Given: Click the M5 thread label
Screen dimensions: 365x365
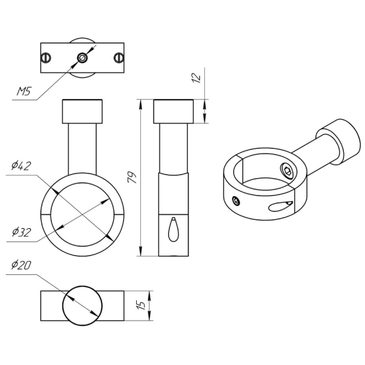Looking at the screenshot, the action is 24,91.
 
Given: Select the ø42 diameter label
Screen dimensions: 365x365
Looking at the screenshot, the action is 21,166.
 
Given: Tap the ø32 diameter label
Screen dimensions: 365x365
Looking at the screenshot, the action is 21,232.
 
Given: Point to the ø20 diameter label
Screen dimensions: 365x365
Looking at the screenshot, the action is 21,265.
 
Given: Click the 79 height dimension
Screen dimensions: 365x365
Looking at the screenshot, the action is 132,177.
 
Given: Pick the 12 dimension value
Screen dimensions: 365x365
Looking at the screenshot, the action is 196,78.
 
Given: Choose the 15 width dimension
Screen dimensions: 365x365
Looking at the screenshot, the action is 141,305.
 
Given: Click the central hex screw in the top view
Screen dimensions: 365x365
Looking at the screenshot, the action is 82,57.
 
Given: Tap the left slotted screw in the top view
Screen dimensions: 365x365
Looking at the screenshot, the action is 46,57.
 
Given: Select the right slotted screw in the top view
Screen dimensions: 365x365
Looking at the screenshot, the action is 119,57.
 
